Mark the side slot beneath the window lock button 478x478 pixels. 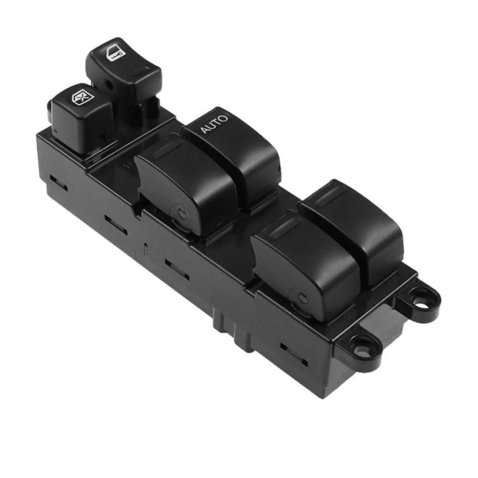(58, 184)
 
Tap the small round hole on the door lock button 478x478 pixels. (110, 87)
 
